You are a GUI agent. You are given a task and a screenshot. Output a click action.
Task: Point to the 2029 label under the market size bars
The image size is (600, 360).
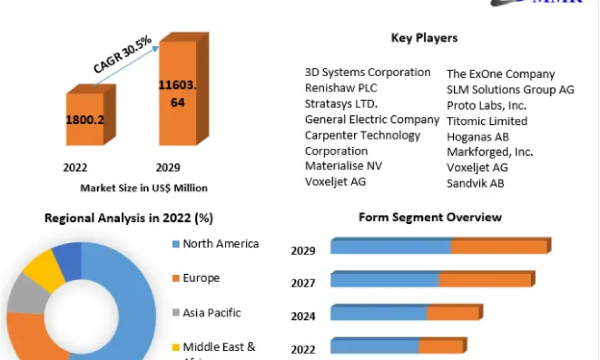169,167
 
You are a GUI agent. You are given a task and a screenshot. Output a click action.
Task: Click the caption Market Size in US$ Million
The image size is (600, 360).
144,188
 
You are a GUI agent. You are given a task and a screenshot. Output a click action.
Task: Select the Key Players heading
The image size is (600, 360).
424,38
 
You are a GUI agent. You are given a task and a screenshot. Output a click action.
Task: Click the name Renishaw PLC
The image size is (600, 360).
341,88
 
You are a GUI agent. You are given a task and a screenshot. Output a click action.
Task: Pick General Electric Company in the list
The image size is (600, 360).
372,119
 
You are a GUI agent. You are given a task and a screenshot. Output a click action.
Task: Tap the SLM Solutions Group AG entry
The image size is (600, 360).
510,90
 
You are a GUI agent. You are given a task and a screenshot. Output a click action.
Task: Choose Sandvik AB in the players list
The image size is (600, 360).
475,184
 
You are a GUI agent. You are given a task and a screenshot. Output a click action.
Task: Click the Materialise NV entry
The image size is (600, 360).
343,166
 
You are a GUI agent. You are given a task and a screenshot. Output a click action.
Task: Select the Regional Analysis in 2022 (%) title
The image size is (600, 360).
129,218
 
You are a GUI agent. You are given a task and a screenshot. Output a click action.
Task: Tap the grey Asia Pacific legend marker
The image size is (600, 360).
176,313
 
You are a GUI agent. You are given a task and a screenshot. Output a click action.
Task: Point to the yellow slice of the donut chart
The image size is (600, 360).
44,268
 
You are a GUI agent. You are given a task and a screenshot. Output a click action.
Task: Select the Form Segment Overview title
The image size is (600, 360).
430,217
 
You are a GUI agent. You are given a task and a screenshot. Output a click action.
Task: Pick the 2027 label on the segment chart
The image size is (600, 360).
303,283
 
